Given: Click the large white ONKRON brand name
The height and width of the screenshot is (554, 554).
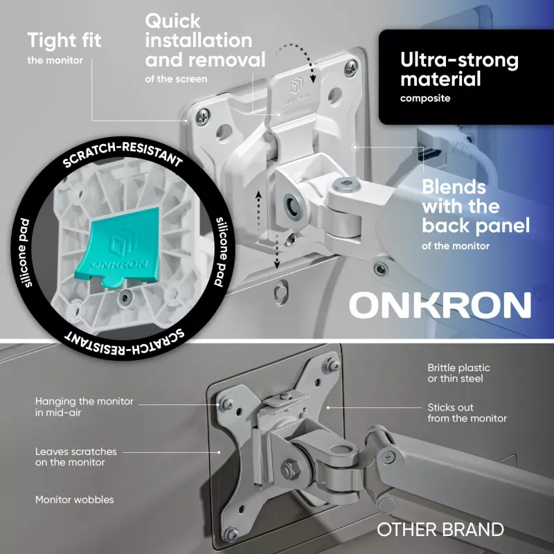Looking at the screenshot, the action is click(x=440, y=305).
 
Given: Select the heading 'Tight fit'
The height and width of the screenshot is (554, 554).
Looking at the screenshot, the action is click(x=64, y=40).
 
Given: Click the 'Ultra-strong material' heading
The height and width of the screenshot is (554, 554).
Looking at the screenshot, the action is click(x=459, y=69).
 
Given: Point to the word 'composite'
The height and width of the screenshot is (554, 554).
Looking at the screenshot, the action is click(x=425, y=98).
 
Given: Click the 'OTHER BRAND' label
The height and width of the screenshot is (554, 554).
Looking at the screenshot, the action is click(x=440, y=529).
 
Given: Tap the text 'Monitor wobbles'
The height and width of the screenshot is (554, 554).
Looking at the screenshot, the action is click(x=75, y=499).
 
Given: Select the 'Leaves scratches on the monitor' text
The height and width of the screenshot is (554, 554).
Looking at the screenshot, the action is click(x=75, y=456).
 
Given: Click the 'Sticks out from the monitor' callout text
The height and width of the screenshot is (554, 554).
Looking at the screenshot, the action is click(x=467, y=413).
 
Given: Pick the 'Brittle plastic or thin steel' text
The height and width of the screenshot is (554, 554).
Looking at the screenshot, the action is click(x=458, y=373).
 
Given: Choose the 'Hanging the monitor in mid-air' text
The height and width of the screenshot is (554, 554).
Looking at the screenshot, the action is click(x=84, y=406).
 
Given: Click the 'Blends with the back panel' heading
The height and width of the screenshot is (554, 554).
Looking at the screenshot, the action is click(x=476, y=206).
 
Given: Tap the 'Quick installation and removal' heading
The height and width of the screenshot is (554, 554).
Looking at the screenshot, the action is click(x=205, y=40).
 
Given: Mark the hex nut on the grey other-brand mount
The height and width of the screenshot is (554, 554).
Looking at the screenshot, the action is click(x=289, y=470).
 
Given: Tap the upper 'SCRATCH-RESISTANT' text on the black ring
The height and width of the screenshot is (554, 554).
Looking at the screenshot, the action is click(x=123, y=154).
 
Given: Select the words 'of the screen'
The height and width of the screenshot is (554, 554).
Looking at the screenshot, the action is click(x=176, y=79).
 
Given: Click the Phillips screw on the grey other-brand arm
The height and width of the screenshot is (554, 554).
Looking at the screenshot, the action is click(x=388, y=457).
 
